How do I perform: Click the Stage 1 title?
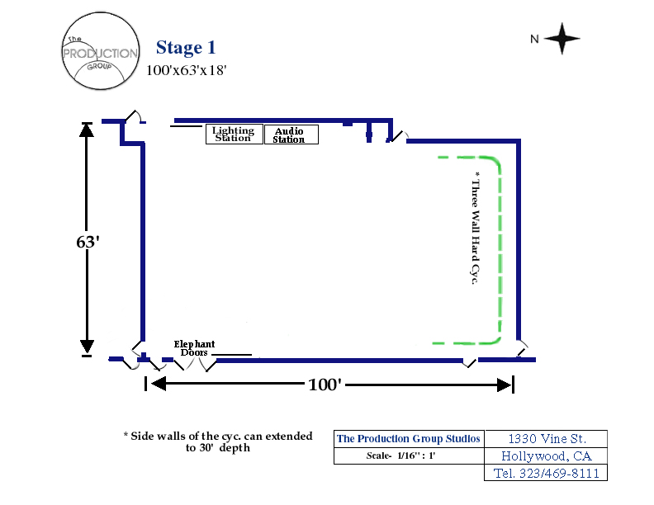coord(186,48)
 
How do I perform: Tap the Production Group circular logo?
coord(101,51)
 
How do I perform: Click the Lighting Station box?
coord(235,135)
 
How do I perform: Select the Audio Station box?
coord(291,135)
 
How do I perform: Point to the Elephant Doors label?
coord(194,348)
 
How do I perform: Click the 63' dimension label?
coord(88,242)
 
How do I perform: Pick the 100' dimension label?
coord(325,385)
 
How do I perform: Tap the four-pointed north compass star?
coord(562,38)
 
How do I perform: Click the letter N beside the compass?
coord(534,39)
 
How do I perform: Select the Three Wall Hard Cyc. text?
coord(475,228)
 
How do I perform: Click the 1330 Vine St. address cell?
coord(546,439)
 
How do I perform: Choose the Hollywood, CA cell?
coord(546,455)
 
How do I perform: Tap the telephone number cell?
coord(546,473)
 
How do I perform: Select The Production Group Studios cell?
coord(409,439)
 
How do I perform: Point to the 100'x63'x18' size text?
coord(186,70)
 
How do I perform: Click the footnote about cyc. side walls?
coord(218,441)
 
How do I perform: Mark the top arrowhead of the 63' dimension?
coord(87,130)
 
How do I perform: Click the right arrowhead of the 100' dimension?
coord(504,385)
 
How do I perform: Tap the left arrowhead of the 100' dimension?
coord(159,384)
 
